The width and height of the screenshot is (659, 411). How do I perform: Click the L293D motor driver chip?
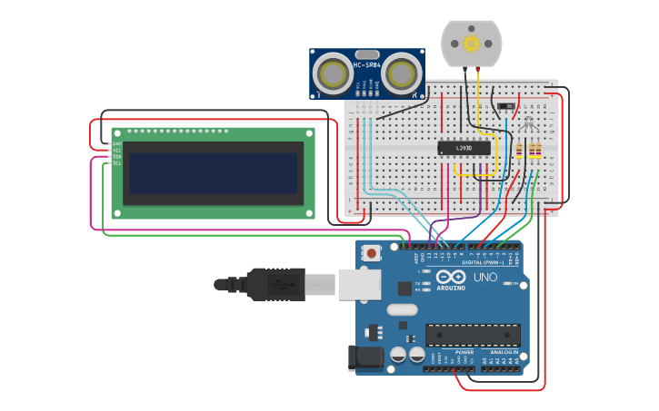coord(464,147)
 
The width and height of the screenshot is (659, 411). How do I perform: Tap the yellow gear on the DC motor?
coord(471,43)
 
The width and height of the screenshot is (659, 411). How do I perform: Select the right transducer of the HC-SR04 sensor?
coord(401,73)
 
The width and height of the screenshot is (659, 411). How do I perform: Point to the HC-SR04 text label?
coord(366,64)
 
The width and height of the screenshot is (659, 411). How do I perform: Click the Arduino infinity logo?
coord(451,277)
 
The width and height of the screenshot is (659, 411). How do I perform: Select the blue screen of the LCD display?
coord(214,172)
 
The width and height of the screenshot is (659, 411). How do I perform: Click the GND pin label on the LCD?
coord(116,143)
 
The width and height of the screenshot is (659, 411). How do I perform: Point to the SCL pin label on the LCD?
coord(116,162)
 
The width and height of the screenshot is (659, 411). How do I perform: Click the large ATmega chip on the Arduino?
coord(473,334)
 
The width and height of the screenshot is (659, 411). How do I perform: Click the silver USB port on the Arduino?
coord(359,283)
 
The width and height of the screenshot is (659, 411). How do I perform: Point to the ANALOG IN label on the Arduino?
coord(504,351)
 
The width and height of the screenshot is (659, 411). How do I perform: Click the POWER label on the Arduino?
coord(464,351)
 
